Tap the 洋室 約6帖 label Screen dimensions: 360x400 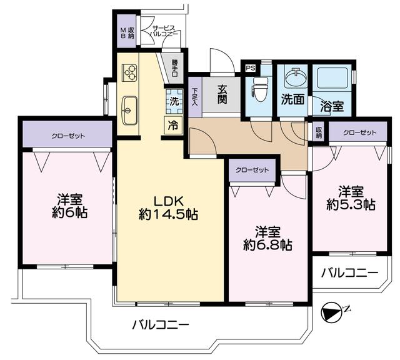[67, 206]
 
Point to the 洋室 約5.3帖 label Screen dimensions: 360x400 [350, 197]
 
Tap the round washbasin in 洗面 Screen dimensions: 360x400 [293, 80]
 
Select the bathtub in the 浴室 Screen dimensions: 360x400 [331, 80]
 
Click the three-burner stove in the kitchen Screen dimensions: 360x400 [131, 73]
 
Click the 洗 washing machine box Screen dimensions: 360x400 [173, 101]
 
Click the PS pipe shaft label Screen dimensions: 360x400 [251, 68]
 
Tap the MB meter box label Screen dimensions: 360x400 [123, 32]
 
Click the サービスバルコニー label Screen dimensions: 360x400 [164, 32]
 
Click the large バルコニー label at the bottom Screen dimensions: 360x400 [160, 325]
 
